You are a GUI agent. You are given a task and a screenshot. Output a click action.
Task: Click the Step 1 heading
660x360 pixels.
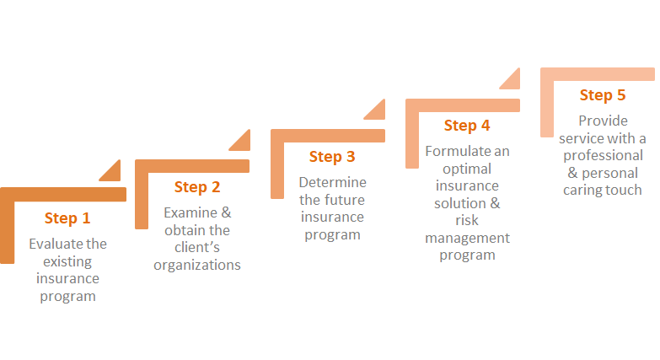[67, 218]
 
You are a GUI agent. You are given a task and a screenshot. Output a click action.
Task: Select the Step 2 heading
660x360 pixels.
[197, 187]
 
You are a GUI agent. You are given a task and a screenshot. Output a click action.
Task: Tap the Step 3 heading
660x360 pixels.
[332, 157]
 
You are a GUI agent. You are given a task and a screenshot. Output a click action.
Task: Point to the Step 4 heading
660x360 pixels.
[467, 126]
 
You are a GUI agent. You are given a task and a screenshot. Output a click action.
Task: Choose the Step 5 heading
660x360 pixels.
[603, 95]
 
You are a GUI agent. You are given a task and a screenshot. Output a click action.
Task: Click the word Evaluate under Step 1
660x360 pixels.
[51, 244]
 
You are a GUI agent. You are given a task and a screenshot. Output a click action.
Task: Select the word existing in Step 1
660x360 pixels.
[67, 261]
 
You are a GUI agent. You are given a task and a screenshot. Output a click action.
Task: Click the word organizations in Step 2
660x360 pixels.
[197, 266]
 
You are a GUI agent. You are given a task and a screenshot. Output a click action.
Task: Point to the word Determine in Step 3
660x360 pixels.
[332, 182]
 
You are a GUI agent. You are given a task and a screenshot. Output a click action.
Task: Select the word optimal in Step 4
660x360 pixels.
[467, 169]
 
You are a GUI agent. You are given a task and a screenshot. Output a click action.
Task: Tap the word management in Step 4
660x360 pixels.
[467, 239]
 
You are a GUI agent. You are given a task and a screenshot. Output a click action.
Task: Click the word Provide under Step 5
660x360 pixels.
[603, 121]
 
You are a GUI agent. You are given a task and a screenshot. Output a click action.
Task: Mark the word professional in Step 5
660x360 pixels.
[604, 156]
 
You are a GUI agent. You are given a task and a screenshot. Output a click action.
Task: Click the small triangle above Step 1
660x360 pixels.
[113, 173]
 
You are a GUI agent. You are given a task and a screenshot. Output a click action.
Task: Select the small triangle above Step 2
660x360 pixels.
[243, 142]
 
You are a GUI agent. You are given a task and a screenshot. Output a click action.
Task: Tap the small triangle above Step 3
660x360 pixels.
[377, 111]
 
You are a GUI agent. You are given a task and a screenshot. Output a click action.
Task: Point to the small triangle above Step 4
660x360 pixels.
[512, 80]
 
